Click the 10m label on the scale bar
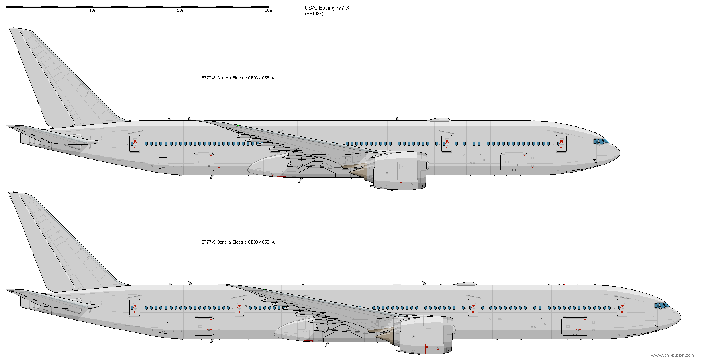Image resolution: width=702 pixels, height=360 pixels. coord(93,10)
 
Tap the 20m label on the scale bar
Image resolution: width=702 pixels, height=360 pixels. coord(181,10)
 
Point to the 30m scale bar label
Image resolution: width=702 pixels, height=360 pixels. coord(269,10)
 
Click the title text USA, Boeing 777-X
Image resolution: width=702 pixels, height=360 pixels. coord(327,8)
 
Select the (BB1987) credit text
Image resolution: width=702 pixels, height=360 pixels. coord(314,14)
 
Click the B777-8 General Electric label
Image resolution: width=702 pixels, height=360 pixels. coord(237,78)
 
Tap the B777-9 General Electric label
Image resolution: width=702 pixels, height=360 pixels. coord(237,242)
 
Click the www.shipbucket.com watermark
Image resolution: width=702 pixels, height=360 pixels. coord(672,355)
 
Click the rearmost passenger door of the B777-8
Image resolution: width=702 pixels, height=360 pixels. coord(135,144)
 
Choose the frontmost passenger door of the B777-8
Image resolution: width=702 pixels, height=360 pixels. coord(561,144)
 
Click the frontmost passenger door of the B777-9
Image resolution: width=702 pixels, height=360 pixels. coord(622,308)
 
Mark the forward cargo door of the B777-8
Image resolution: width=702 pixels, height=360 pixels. coord(514,162)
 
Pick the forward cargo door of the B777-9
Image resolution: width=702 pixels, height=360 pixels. coord(575,327)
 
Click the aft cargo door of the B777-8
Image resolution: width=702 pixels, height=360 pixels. coord(204,162)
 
